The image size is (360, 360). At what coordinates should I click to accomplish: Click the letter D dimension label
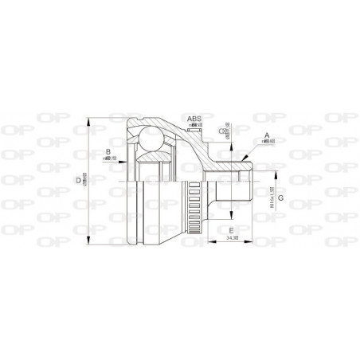pyautogui.click(x=78, y=181)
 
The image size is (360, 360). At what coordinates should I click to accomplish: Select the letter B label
pyautogui.click(x=108, y=151)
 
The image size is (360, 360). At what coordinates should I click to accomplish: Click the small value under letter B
pyautogui.click(x=109, y=158)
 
